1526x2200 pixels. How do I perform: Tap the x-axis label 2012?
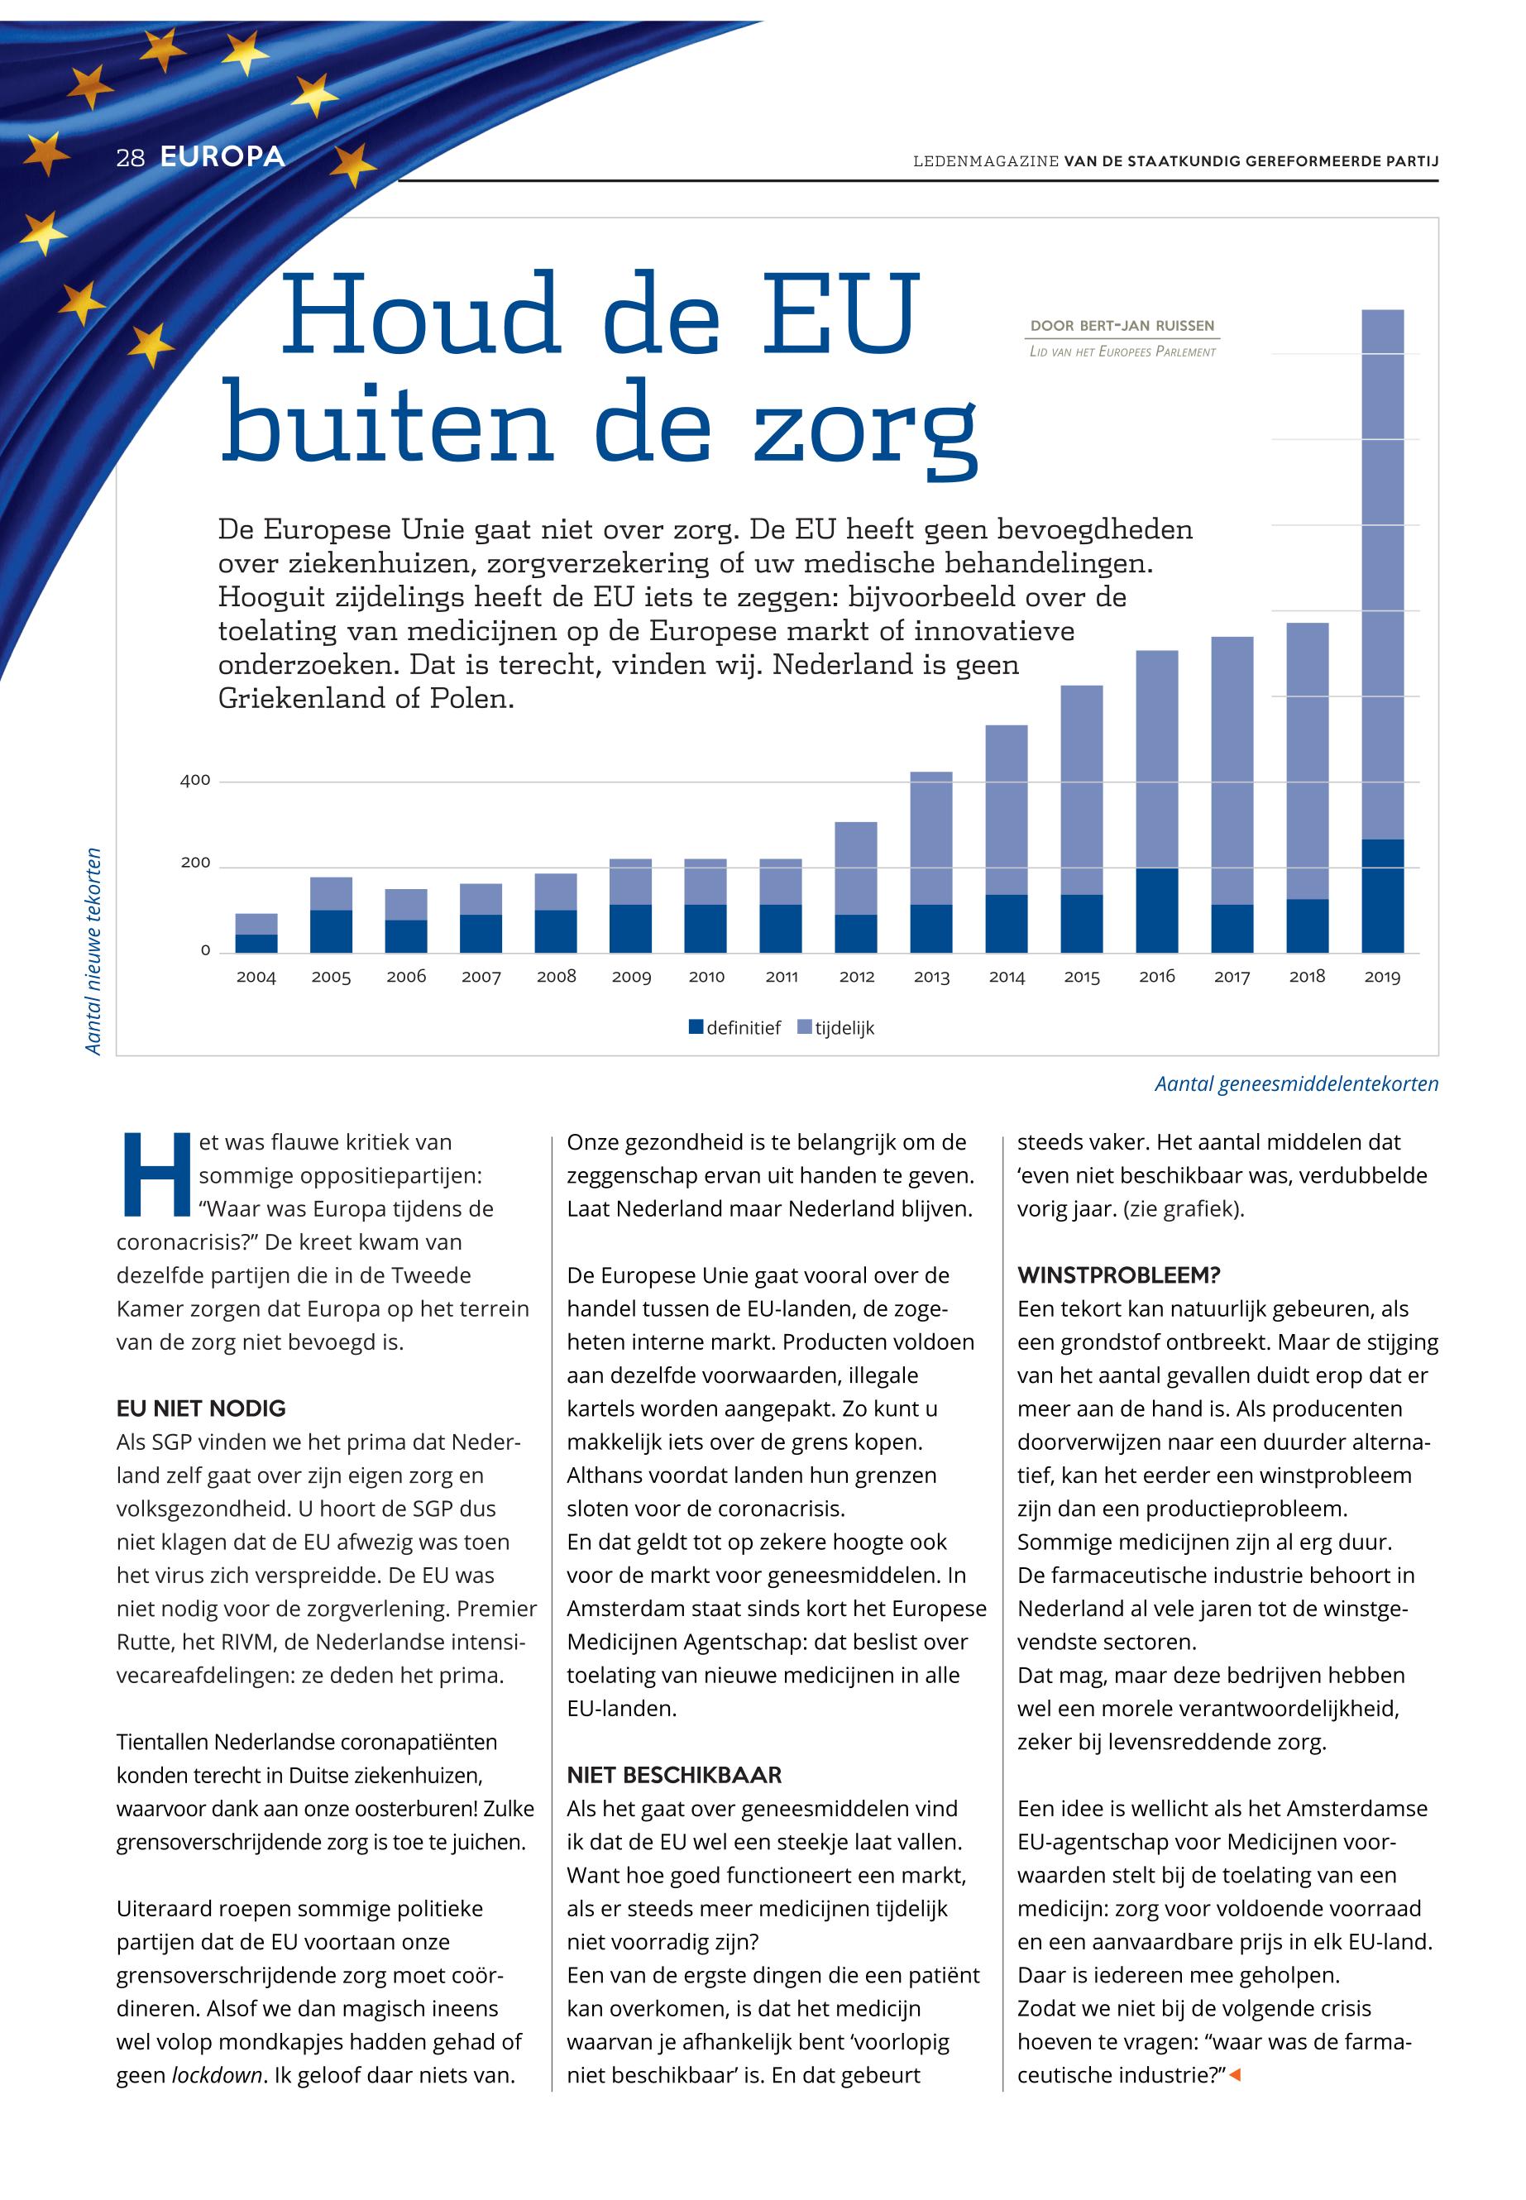(857, 976)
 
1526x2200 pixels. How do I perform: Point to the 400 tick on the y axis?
(195, 780)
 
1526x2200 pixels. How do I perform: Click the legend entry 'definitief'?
(734, 1028)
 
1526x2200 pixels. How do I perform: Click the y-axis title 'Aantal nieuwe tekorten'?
(93, 950)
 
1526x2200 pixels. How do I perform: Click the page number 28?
(130, 158)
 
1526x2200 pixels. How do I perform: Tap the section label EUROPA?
(222, 157)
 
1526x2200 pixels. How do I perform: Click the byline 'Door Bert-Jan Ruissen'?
(1122, 326)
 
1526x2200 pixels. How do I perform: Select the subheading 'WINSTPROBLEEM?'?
(1119, 1275)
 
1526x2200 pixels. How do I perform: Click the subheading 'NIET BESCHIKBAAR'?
(674, 1775)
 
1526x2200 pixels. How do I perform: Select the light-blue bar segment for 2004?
(256, 924)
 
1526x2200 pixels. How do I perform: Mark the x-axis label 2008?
(557, 976)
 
